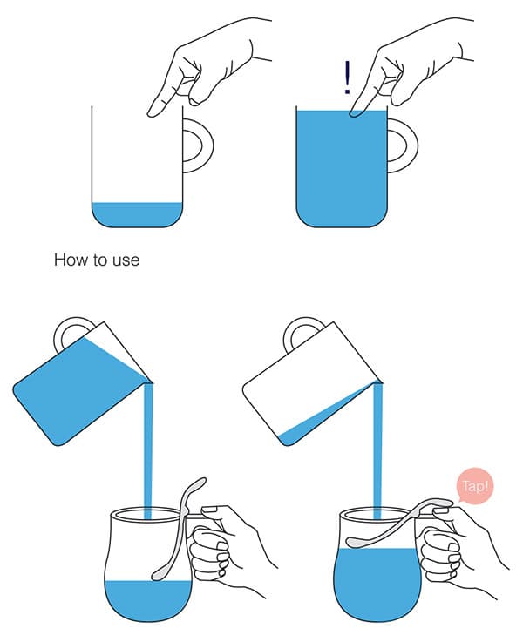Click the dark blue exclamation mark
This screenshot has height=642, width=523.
[x=347, y=78]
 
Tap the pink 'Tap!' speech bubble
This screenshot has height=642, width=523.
[x=475, y=486]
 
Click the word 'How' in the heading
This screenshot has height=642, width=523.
[x=68, y=260]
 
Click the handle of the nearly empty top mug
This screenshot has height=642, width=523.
[x=205, y=145]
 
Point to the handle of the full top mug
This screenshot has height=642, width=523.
[x=410, y=145]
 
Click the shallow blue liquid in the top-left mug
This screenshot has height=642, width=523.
[x=137, y=214]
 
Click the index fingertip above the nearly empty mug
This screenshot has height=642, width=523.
[x=154, y=110]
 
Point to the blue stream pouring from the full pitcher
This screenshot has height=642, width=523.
[x=148, y=446]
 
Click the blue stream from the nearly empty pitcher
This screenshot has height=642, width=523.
[x=377, y=446]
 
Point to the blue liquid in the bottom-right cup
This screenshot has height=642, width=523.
[x=377, y=585]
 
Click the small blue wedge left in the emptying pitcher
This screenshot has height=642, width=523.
[x=311, y=426]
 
